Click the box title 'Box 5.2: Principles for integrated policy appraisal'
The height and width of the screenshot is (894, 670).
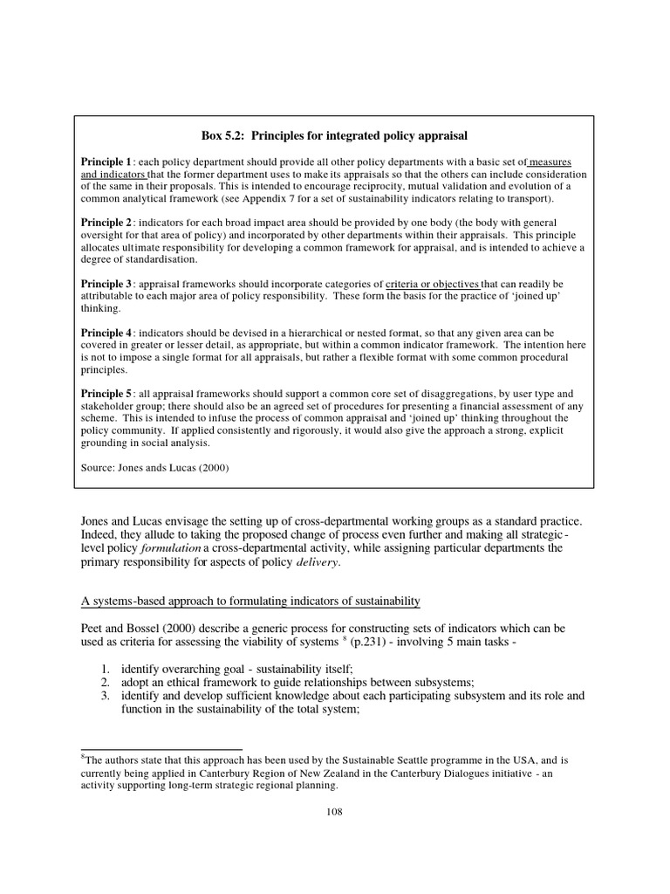[x=336, y=135]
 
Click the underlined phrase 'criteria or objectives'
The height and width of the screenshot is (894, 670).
[x=433, y=285]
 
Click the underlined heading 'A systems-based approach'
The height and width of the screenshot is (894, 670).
[x=250, y=602]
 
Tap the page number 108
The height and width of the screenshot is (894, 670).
[x=335, y=811]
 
